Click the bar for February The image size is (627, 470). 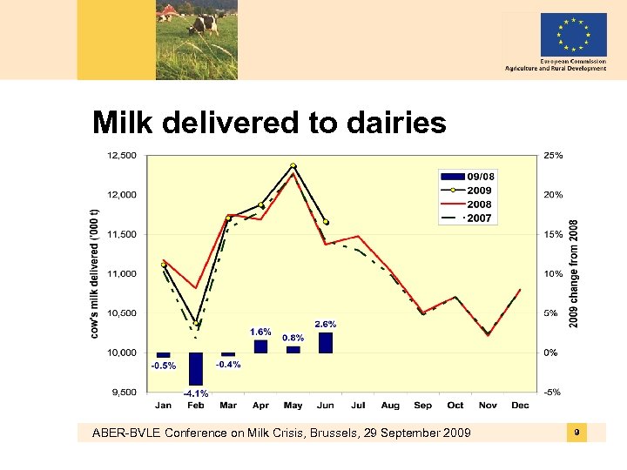coord(195,368)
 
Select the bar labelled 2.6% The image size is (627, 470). coord(326,342)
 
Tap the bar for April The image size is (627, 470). coord(260,346)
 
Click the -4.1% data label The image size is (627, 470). coord(196,393)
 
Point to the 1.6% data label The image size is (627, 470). coord(260,332)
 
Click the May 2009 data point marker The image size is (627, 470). coord(293,165)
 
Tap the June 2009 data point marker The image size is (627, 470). coord(326,222)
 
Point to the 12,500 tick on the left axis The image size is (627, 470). coord(121,156)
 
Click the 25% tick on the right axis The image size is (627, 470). coord(553,156)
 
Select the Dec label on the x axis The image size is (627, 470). coord(520,405)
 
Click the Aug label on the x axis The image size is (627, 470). coord(390,405)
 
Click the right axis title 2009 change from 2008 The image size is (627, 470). coord(573,273)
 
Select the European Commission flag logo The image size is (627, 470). coord(573,35)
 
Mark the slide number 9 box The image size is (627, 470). coord(576,433)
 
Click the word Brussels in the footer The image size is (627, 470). coord(351,433)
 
